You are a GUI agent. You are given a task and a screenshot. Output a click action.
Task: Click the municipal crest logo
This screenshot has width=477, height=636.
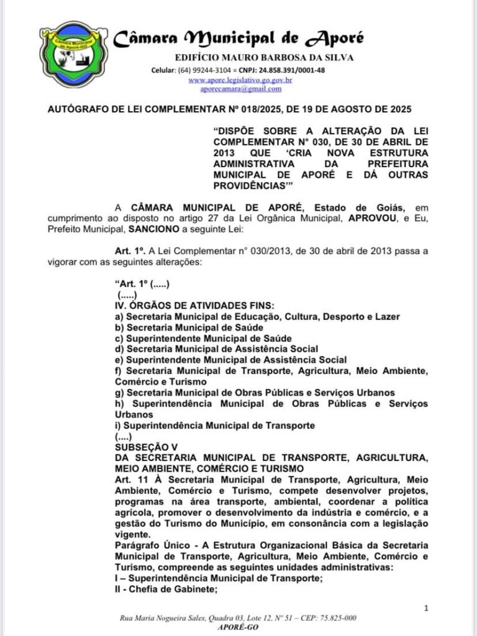70,55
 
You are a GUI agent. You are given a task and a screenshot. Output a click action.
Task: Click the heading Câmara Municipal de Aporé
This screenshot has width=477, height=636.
238,39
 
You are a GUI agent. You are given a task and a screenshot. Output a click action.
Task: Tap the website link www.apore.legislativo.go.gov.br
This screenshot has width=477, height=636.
240,80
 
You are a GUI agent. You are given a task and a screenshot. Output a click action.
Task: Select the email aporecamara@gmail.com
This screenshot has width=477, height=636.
240,89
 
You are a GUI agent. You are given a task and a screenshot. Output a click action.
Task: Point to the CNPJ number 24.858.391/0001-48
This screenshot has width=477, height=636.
291,70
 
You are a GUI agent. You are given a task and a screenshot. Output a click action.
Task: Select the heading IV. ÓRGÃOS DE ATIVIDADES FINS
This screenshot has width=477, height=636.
194,306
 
